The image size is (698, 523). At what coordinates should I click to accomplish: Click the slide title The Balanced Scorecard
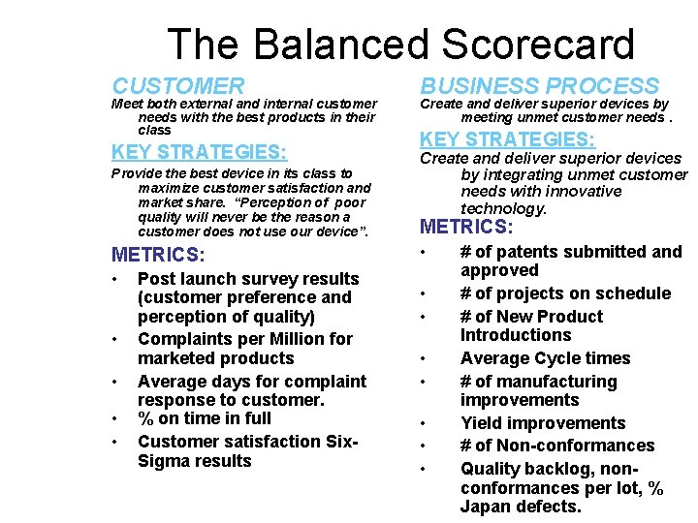(400, 45)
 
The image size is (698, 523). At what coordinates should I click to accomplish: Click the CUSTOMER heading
(178, 87)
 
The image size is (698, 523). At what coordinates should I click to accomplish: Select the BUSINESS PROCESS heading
(539, 87)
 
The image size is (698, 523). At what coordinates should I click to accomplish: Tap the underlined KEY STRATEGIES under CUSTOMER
(199, 152)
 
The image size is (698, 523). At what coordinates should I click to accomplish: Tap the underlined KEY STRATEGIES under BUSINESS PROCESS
(506, 138)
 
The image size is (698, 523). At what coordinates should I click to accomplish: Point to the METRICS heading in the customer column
(158, 255)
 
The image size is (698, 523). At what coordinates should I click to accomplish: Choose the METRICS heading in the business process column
(465, 227)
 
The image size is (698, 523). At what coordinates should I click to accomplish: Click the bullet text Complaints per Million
(244, 339)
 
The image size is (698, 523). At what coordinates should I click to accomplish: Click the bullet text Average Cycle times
(545, 358)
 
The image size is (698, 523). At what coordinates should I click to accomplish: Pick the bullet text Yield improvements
(542, 423)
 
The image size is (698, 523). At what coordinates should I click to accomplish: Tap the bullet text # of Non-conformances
(556, 446)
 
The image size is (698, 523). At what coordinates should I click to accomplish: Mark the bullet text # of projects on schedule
(565, 293)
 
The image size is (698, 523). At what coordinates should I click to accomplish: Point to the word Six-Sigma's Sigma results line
(194, 461)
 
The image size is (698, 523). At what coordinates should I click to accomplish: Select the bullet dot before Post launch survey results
(115, 280)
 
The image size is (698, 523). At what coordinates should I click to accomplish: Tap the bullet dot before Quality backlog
(423, 470)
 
